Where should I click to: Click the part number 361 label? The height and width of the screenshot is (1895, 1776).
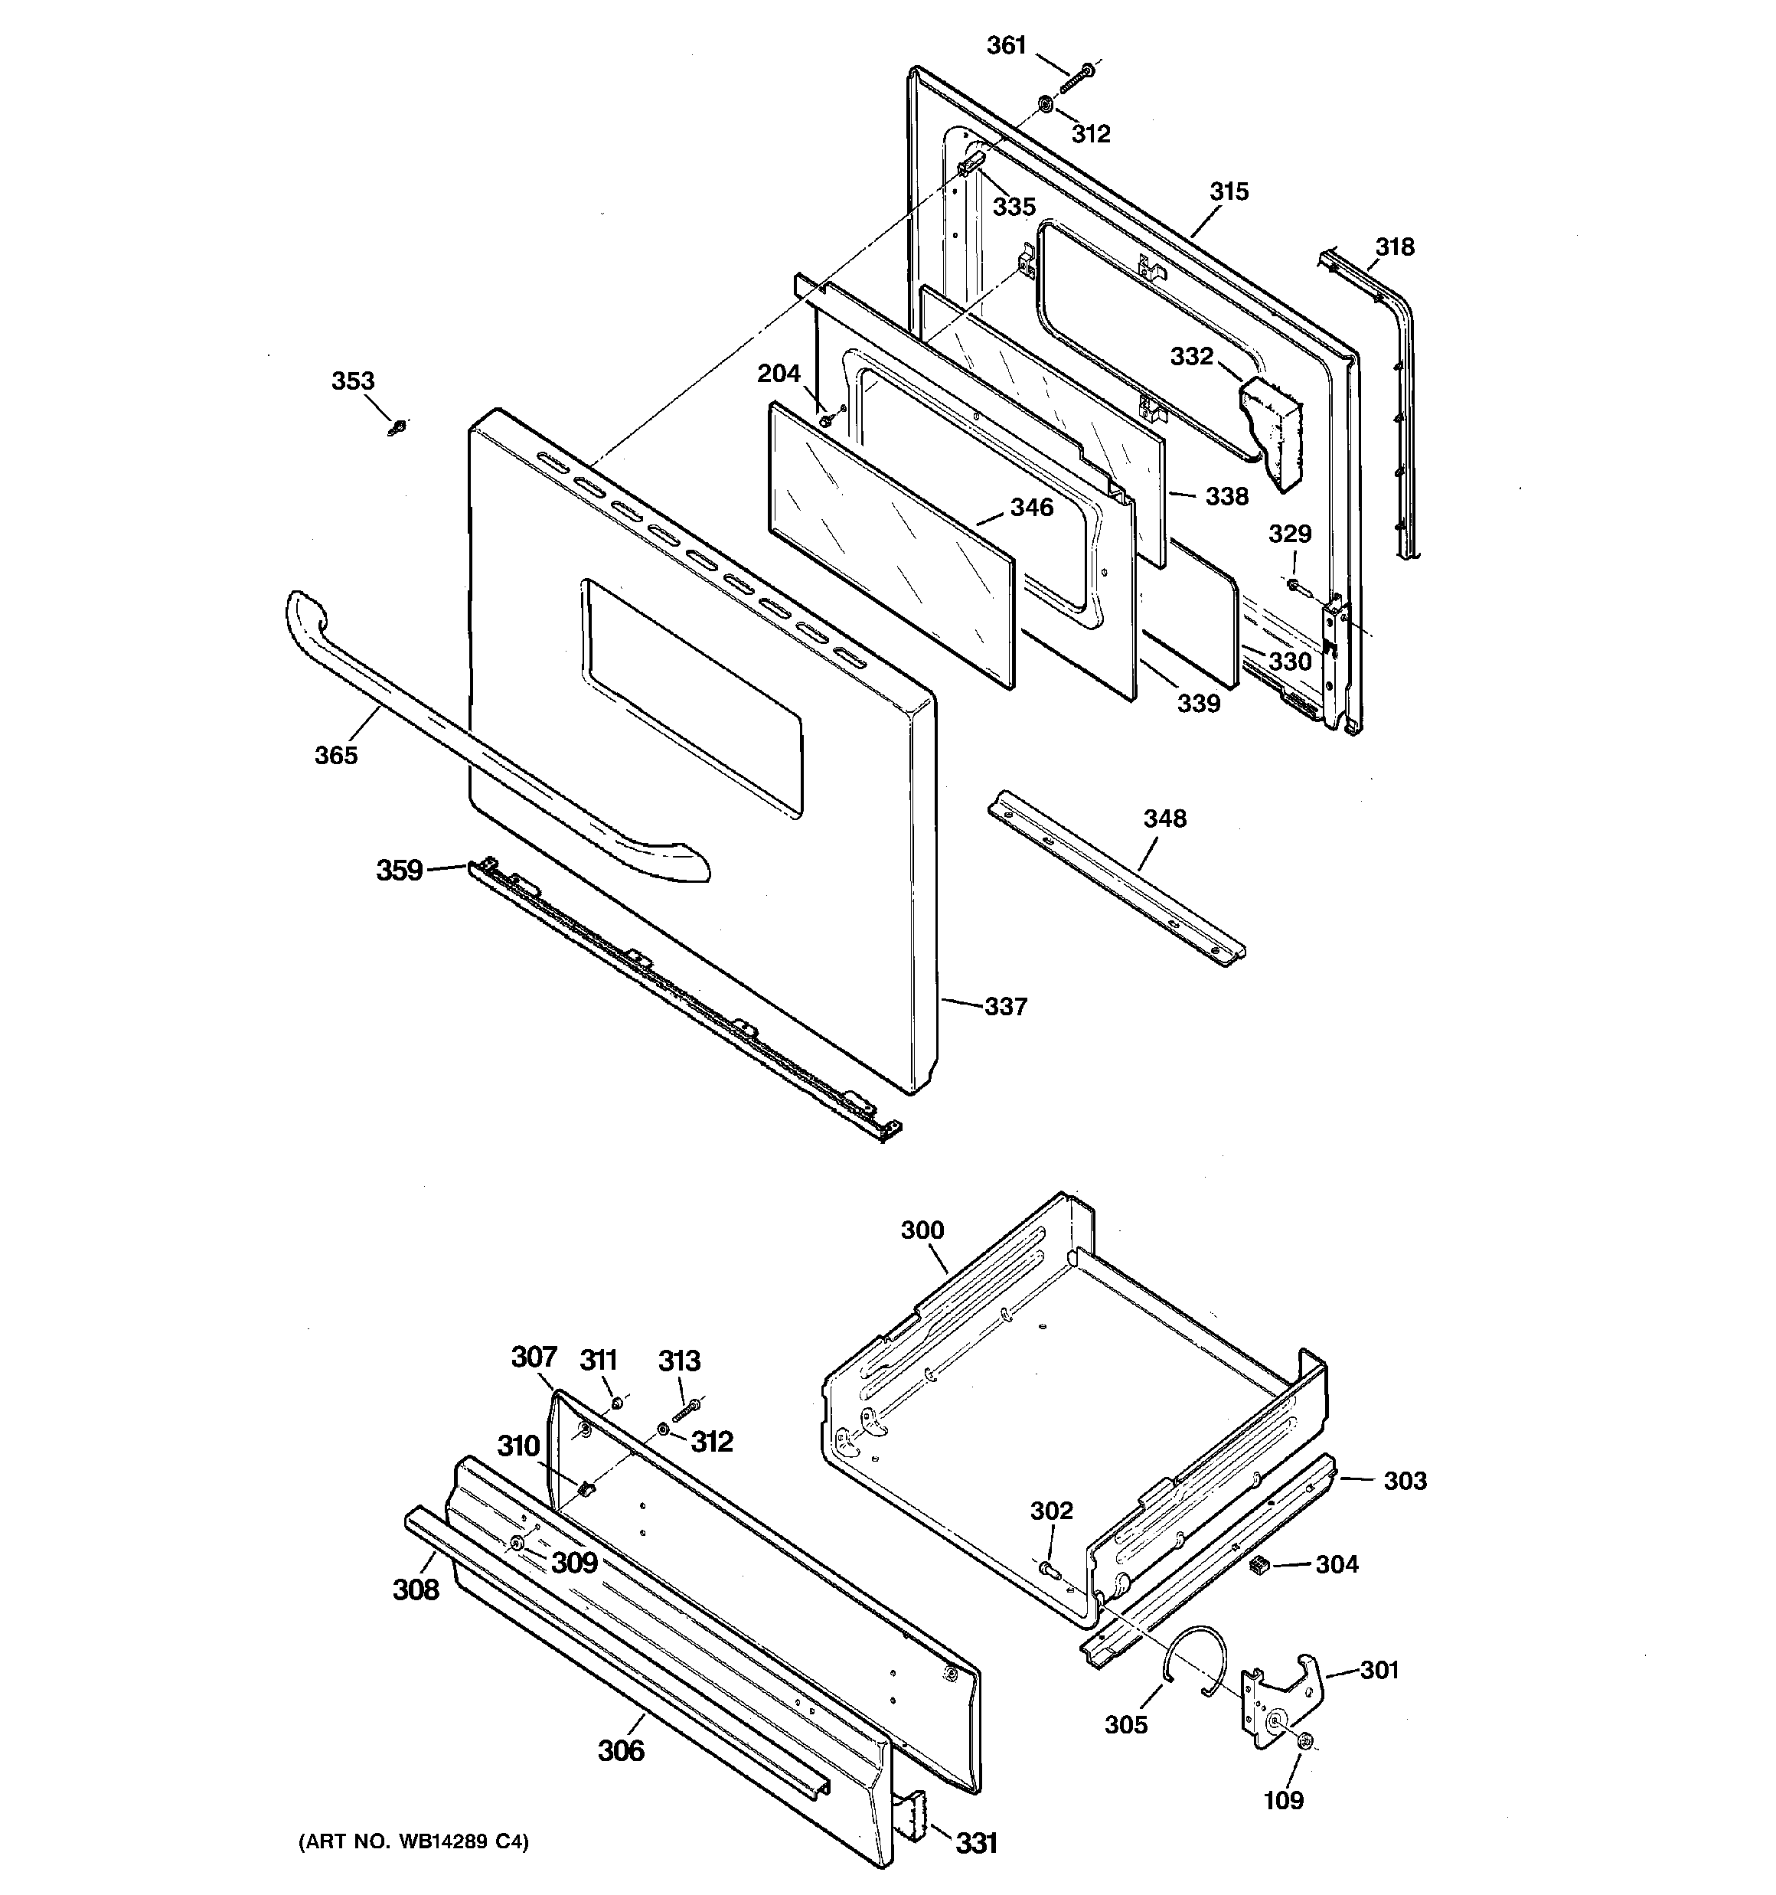point(1006,45)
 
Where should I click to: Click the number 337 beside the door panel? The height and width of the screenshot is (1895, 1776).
point(1006,1007)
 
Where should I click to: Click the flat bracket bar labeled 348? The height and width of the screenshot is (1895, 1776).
point(1115,877)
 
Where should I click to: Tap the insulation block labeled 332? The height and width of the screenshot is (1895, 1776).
point(1274,429)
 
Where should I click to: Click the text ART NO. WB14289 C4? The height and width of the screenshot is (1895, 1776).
point(413,1841)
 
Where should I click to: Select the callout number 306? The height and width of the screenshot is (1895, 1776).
point(621,1750)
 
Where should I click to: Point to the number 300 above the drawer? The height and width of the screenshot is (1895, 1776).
point(922,1230)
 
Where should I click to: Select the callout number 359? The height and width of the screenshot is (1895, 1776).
point(399,871)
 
